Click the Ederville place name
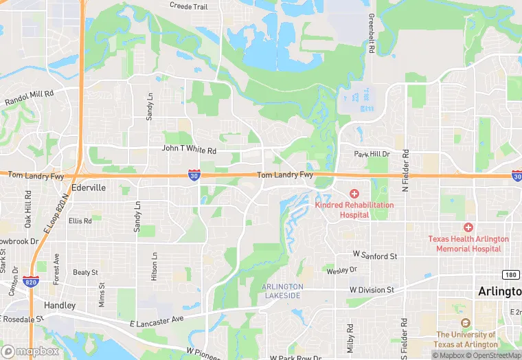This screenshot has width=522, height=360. (88, 187)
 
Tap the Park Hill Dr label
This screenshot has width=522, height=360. (372, 155)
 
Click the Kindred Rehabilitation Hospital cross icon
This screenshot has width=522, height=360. (354, 194)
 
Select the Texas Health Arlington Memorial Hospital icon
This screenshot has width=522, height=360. (468, 227)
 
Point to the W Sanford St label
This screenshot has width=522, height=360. (374, 256)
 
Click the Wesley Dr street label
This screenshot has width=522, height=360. (342, 270)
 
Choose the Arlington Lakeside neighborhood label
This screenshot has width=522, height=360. (282, 291)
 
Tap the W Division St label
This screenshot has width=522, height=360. (372, 290)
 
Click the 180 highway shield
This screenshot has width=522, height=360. (510, 275)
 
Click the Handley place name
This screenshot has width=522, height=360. (59, 305)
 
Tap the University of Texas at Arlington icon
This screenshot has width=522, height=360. (466, 322)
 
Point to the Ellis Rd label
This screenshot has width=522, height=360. (80, 221)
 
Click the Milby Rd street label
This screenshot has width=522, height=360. (350, 334)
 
